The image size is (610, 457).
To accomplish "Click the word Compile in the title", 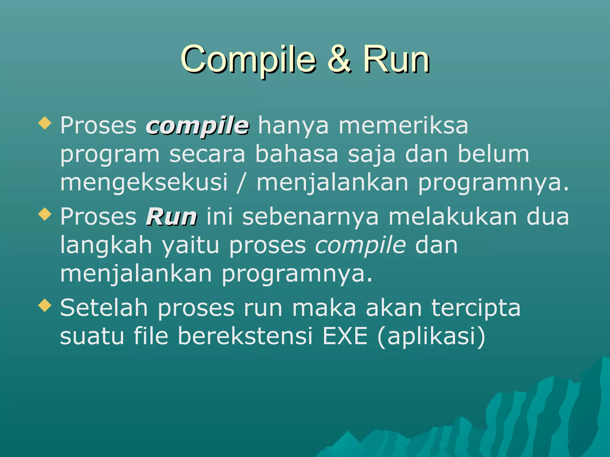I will [248, 60].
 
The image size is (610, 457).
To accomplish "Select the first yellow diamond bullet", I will [45, 123].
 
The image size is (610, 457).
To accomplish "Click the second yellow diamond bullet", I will [45, 214].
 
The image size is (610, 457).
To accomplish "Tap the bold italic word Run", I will [171, 217].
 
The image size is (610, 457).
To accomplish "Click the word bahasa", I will [297, 154].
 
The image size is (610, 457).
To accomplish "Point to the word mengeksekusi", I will [144, 182].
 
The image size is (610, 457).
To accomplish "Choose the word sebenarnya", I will [310, 217].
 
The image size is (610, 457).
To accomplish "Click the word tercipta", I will [476, 308].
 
